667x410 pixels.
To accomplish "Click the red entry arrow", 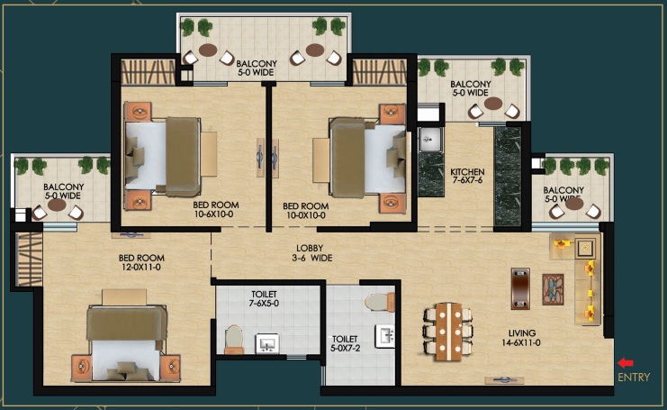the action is pos(626,363).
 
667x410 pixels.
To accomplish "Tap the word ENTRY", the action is pos(634,378).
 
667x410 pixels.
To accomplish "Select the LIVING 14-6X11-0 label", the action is pos(521,338).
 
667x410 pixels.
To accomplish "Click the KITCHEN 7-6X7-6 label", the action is pos(467,176).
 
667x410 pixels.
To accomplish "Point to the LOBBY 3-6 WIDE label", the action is pos(314,253).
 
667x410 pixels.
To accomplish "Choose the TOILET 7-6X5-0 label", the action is pos(264,299).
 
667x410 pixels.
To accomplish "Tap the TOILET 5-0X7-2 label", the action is pos(345,343).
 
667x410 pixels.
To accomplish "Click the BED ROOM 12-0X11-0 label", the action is pos(141,262).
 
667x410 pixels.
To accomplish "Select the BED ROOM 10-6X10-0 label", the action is pos(216,209).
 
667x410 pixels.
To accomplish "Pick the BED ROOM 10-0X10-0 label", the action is pos(306,210).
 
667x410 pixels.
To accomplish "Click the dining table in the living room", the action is pos(449,332).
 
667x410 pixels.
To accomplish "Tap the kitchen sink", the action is pos(430,140).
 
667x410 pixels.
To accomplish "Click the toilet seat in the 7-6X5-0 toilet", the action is pos(233,340).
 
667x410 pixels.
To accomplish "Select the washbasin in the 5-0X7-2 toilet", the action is pos(385,336).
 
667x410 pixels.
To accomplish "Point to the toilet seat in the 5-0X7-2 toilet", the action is pos(380,302).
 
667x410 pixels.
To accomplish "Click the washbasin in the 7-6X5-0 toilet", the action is pos(267,343).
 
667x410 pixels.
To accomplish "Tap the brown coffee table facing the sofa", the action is pos(520,288).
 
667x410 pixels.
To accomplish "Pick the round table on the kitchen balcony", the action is pos(493,104).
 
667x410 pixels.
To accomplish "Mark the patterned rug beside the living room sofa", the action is pos(553,289).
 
